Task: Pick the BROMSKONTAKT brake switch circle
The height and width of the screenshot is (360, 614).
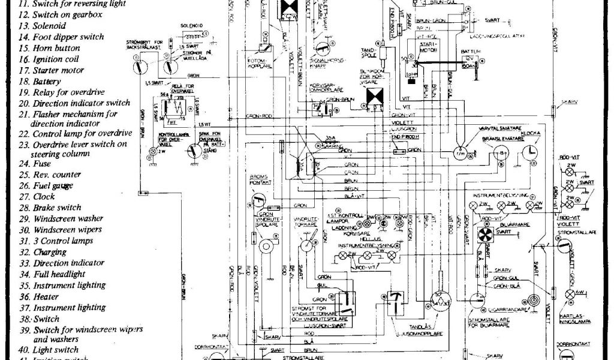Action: (258, 199)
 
